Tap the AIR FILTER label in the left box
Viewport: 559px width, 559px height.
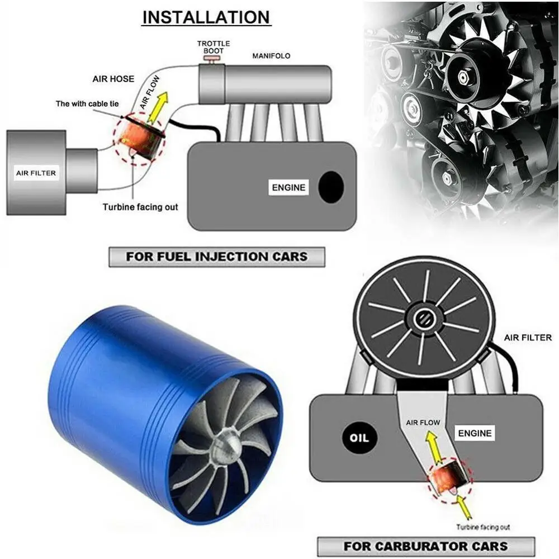tap(36, 173)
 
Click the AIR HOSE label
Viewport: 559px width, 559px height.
tap(113, 79)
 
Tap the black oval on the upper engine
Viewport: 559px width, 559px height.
tap(331, 187)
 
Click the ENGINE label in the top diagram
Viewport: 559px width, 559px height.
tap(288, 188)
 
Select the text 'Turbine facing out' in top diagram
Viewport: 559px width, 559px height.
tap(140, 207)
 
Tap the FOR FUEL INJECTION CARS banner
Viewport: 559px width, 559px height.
tap(216, 257)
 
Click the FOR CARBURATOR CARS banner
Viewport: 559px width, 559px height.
tap(425, 546)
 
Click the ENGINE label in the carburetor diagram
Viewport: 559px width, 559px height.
tap(475, 433)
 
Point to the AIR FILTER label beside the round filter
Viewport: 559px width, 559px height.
tap(528, 338)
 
